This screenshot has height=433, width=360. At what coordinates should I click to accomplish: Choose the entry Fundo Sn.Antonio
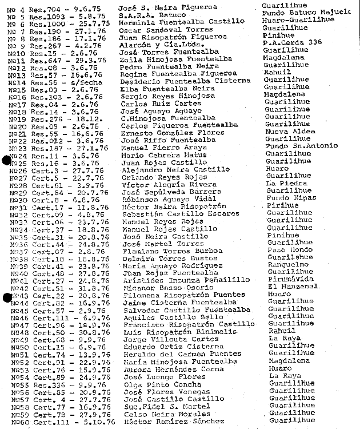296,145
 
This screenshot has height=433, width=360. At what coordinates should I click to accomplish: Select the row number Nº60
20,422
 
